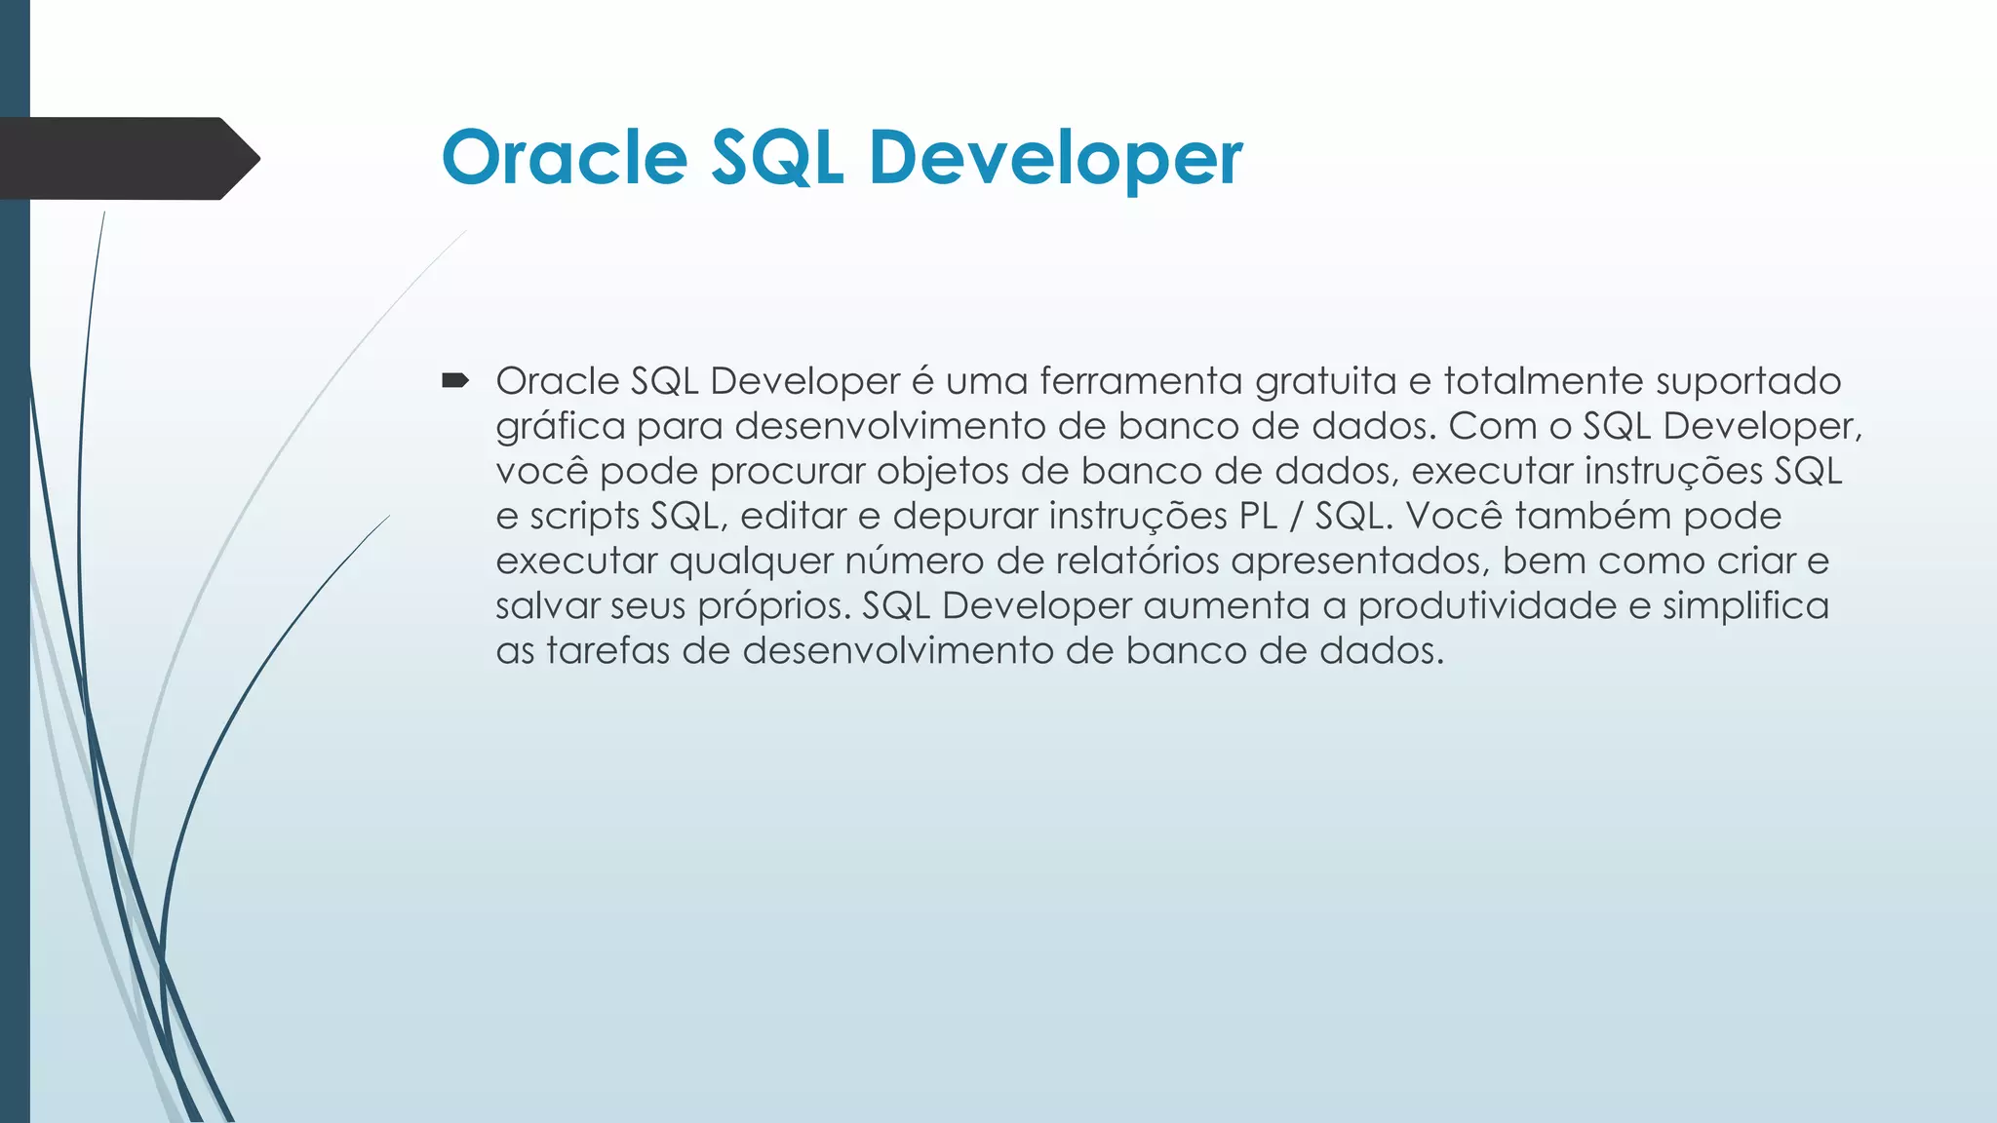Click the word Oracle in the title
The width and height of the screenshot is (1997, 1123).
tap(565, 157)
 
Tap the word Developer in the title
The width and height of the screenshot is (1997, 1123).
tap(1055, 157)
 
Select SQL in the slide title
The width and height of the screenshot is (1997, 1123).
tap(776, 157)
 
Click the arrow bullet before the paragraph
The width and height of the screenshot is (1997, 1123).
tap(455, 380)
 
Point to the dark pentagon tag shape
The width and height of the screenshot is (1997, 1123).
tap(127, 158)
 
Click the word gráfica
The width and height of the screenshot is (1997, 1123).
tap(560, 427)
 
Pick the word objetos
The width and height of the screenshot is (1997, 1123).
tap(942, 472)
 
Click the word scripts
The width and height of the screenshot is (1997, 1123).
tap(583, 517)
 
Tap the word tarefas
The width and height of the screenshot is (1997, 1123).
tap(607, 651)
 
